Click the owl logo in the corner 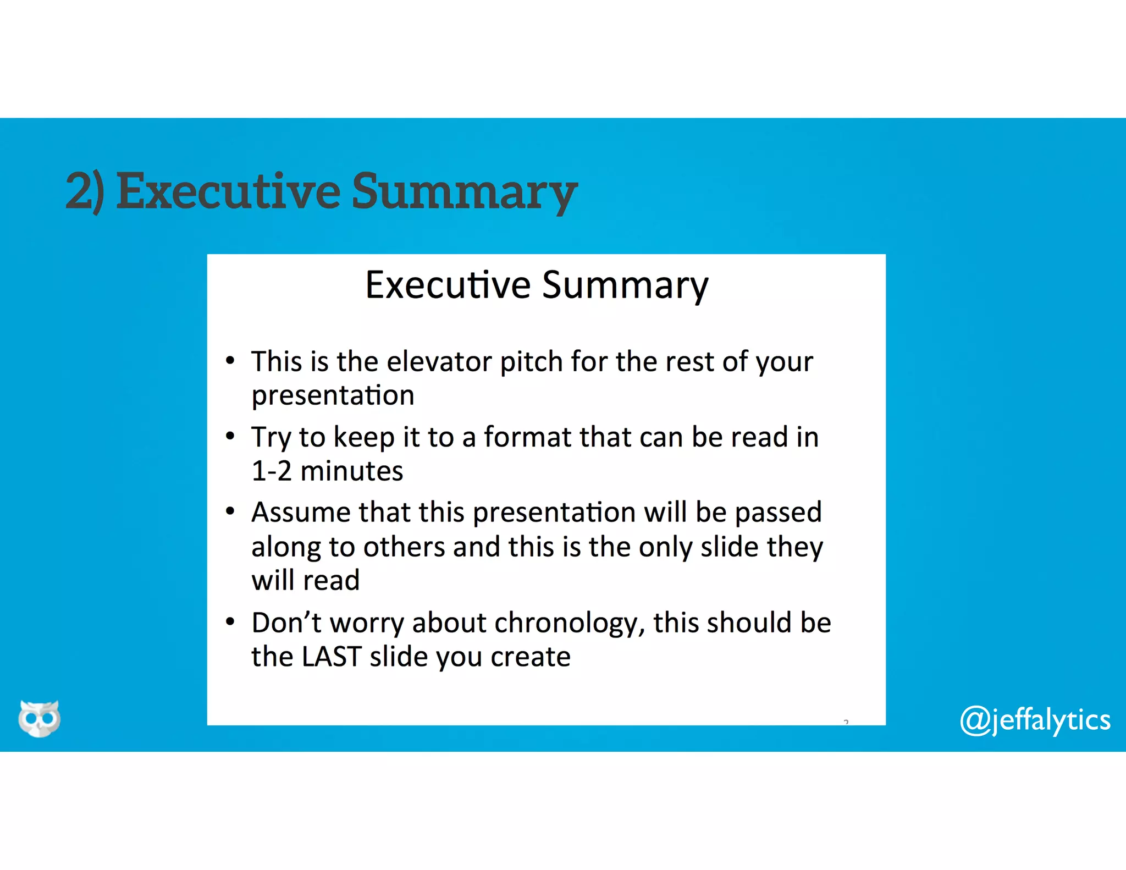pos(39,718)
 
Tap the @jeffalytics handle pos(1035,720)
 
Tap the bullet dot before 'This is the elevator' pos(230,361)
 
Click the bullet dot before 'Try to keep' pos(230,437)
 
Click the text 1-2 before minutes pos(272,471)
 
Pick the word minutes pos(352,471)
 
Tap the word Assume pos(301,513)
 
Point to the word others pos(404,547)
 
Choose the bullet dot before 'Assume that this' pos(230,512)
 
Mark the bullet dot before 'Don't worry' pos(230,623)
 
